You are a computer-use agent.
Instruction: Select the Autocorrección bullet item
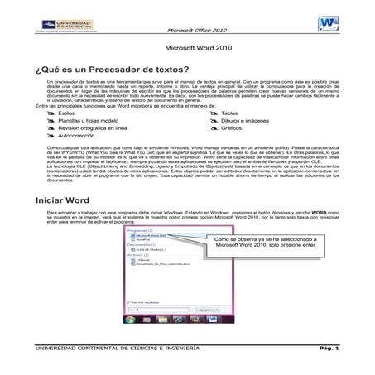point(91,137)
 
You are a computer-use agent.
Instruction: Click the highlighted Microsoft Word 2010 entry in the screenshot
point(151,235)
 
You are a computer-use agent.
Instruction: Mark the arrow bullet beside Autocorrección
point(60,137)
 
